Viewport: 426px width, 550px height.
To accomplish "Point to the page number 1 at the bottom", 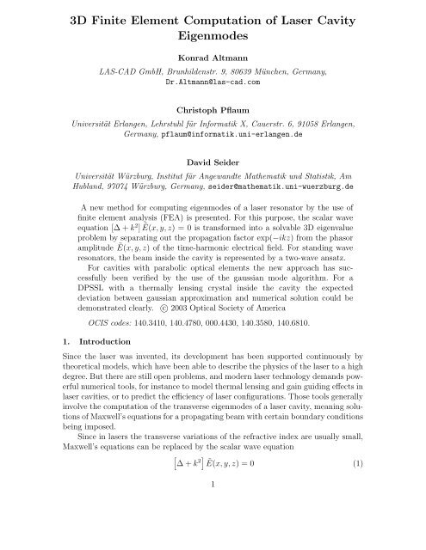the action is pyautogui.click(x=213, y=535).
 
